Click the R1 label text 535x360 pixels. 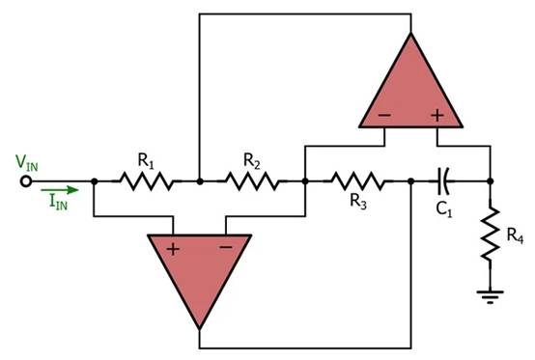[146, 158]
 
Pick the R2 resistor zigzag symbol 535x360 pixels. [251, 180]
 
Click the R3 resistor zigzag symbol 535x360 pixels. [357, 180]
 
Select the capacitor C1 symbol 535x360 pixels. [443, 180]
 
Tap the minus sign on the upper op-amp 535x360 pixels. [383, 115]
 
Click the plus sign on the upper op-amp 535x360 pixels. [436, 115]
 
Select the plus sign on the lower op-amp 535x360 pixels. [173, 247]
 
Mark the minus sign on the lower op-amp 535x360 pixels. [225, 247]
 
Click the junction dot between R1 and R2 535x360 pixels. [198, 180]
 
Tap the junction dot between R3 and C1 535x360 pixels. [411, 180]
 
